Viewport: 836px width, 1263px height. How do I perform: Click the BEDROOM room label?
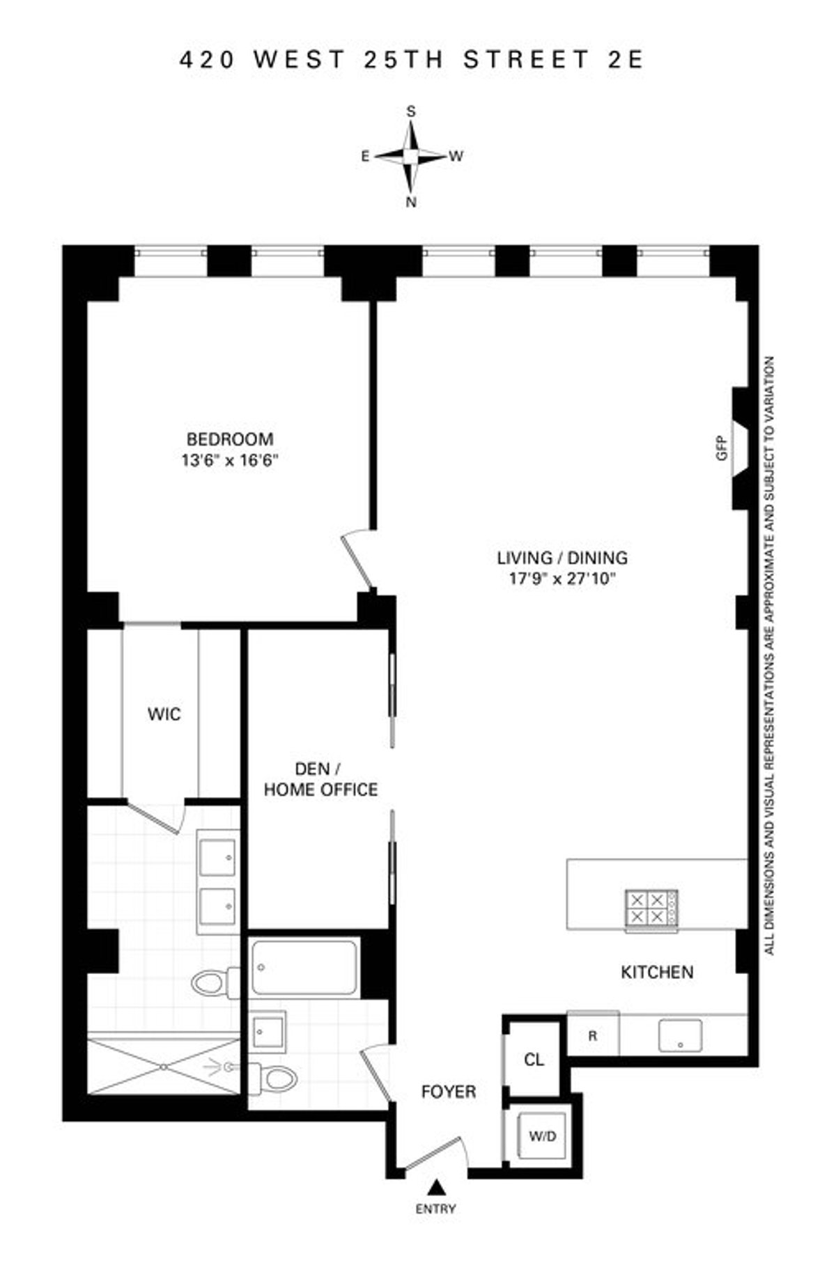pyautogui.click(x=230, y=439)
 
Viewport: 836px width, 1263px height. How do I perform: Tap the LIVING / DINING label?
pyautogui.click(x=562, y=558)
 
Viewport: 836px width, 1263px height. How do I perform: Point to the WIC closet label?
pyautogui.click(x=164, y=714)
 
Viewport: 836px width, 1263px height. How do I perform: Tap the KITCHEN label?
pyautogui.click(x=657, y=972)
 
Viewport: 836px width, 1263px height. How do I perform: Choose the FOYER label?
pyautogui.click(x=449, y=1092)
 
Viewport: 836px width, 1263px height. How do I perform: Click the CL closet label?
pyautogui.click(x=534, y=1060)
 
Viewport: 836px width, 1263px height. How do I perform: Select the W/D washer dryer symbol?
pyautogui.click(x=543, y=1136)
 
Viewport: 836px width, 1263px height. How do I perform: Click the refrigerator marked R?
pyautogui.click(x=593, y=1036)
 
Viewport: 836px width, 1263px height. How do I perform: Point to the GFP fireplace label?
pyautogui.click(x=721, y=448)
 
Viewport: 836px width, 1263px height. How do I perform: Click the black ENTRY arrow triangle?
pyautogui.click(x=436, y=1186)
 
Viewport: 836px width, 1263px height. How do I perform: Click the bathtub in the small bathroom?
pyautogui.click(x=305, y=968)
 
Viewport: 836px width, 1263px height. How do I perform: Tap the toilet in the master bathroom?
pyautogui.click(x=211, y=983)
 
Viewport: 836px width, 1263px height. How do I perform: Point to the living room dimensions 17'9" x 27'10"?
pyautogui.click(x=562, y=579)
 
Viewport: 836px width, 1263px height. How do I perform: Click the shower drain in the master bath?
pyautogui.click(x=162, y=1065)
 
